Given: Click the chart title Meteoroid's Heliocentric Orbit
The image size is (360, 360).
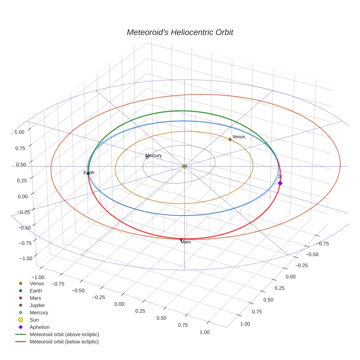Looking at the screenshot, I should (180, 32).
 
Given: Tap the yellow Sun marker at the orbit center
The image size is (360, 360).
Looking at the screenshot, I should (184, 166).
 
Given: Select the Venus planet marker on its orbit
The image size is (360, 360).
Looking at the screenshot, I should (230, 139).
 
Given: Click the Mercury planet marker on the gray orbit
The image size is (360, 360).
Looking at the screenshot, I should (147, 157).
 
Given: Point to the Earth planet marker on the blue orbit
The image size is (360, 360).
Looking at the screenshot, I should (88, 173).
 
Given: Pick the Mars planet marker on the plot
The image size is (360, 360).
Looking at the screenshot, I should (181, 239).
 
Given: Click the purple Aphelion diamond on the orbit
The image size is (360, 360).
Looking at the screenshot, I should (280, 183).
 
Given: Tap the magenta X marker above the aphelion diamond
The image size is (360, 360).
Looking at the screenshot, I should (280, 176).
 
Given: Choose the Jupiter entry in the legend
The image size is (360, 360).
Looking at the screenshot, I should (37, 305).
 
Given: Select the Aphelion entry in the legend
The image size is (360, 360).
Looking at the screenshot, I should (39, 327).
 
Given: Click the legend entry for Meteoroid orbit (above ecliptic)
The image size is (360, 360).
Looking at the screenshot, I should (64, 334).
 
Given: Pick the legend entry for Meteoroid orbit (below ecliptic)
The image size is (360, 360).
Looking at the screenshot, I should (64, 342).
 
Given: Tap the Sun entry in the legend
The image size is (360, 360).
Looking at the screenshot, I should (34, 320).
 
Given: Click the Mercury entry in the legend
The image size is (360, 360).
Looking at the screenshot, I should (39, 312).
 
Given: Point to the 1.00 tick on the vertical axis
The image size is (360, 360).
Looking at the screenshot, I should (20, 132).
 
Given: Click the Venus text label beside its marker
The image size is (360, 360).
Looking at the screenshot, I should (239, 137).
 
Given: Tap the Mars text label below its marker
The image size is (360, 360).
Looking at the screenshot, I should (186, 242).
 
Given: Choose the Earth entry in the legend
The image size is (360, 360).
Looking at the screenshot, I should (35, 290).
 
